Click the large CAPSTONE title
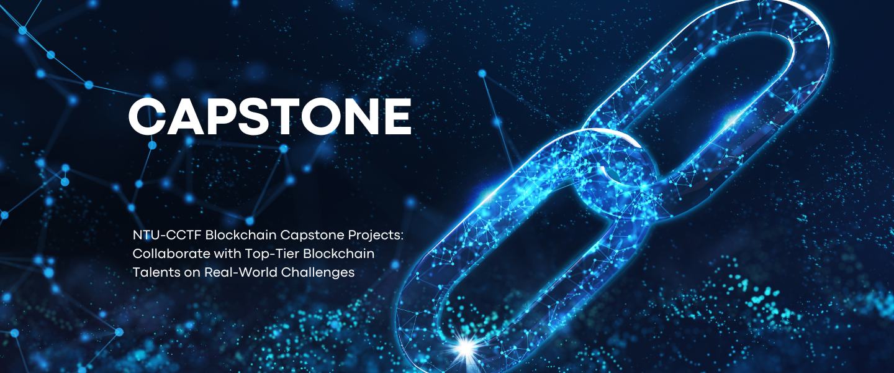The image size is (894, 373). tap(270, 116)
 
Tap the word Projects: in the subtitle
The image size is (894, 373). tap(376, 236)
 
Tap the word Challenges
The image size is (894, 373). tap(318, 273)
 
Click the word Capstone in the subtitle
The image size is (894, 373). tap(312, 236)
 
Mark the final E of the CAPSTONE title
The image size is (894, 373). tap(397, 116)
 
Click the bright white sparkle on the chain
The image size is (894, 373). tap(466, 346)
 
